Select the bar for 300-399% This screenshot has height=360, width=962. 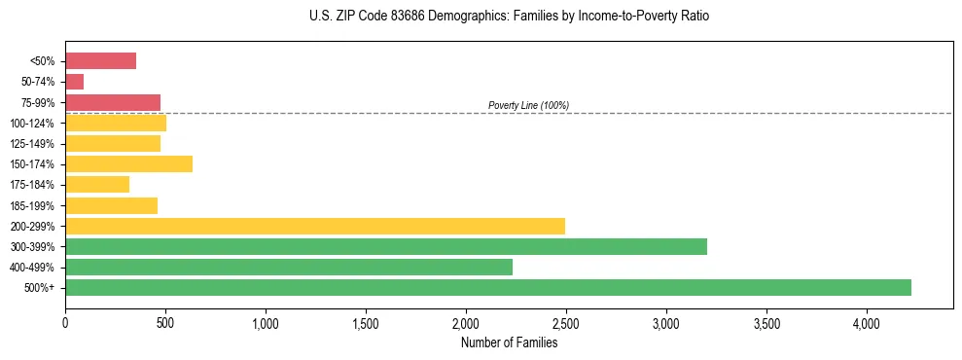[386, 246]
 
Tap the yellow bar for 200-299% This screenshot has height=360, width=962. [315, 226]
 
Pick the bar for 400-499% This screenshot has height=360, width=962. [289, 267]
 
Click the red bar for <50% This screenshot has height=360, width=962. [100, 61]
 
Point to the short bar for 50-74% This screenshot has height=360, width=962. [74, 82]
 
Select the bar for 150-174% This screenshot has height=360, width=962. [128, 163]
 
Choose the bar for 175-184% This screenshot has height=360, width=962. [97, 184]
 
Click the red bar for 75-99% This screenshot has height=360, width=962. [113, 102]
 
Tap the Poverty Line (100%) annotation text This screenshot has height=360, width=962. [528, 105]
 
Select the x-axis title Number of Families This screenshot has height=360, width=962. [509, 342]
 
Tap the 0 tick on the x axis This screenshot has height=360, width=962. [65, 322]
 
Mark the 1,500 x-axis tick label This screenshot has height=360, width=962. [366, 322]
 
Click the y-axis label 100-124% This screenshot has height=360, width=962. [33, 124]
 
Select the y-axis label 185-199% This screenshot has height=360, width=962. [33, 205]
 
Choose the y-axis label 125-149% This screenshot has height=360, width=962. [33, 144]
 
